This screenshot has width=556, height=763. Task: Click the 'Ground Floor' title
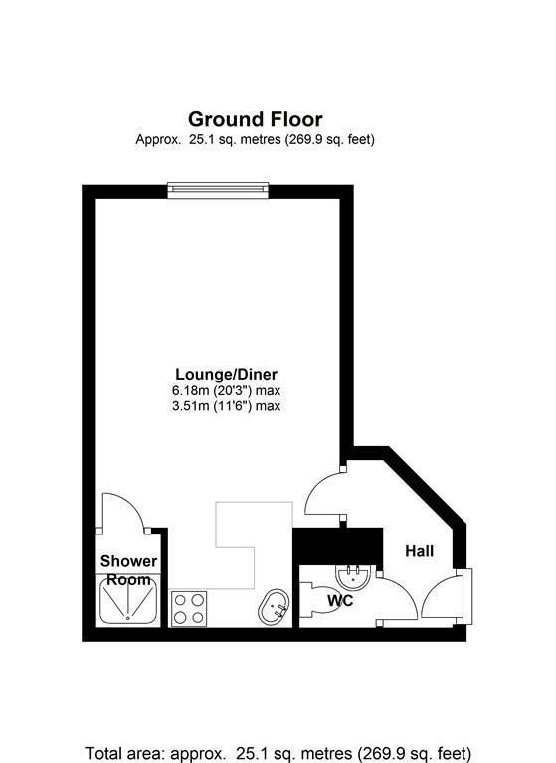[x=256, y=120]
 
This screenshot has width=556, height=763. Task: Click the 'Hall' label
[x=419, y=550]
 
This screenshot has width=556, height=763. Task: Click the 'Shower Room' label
[x=128, y=570]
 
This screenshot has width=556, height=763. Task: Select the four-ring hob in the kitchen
[x=188, y=608]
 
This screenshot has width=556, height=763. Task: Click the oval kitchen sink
[x=274, y=607]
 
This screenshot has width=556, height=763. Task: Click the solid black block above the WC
[x=338, y=544]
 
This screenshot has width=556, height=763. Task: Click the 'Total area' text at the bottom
[x=278, y=751]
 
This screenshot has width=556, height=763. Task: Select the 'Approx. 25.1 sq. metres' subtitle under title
[x=255, y=140]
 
